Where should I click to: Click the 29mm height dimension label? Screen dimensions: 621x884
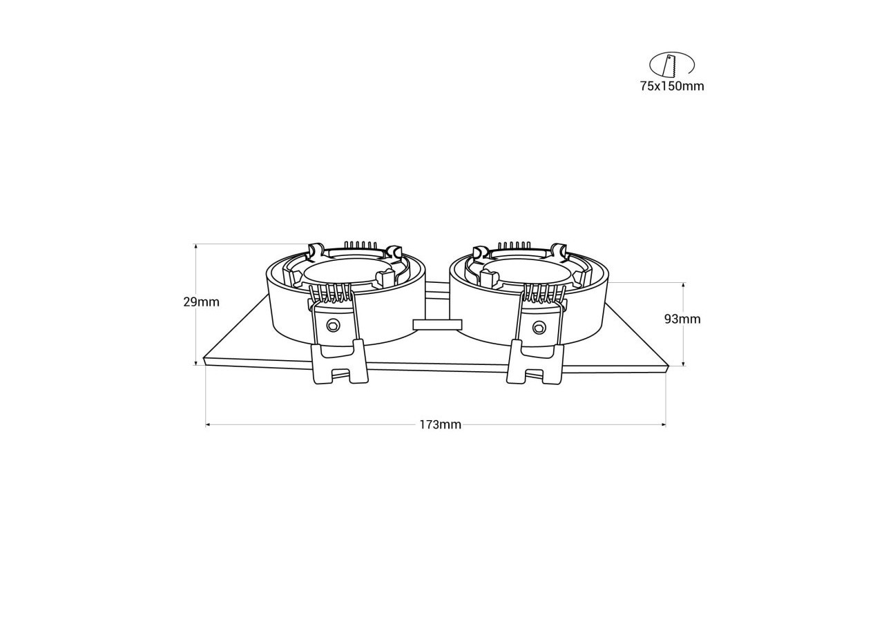(x=201, y=302)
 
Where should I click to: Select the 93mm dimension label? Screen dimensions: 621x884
(x=682, y=319)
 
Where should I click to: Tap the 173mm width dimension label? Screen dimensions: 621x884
(x=440, y=424)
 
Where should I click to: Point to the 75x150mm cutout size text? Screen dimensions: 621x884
(x=671, y=86)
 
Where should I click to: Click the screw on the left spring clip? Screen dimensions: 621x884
(x=334, y=324)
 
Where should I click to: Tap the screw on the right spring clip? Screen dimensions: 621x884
(x=537, y=326)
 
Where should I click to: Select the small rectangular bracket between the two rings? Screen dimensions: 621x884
(x=436, y=324)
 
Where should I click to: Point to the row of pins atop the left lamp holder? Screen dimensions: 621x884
(x=361, y=245)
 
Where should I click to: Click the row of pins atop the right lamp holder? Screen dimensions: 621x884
(x=515, y=245)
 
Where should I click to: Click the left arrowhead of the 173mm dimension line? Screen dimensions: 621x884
(x=208, y=425)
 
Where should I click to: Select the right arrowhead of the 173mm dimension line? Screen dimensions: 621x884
(x=664, y=425)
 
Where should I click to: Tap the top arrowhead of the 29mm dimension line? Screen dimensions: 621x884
(x=196, y=246)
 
